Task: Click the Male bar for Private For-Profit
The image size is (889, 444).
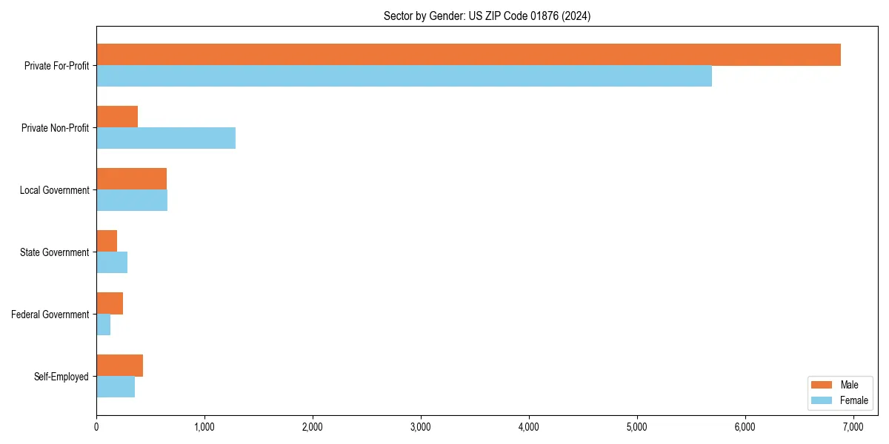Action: (x=468, y=55)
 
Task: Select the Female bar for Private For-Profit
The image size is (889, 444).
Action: (x=404, y=75)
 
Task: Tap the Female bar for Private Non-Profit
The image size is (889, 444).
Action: (x=166, y=138)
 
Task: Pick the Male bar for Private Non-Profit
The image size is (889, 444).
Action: (x=117, y=117)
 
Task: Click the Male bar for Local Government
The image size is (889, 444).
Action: (x=131, y=179)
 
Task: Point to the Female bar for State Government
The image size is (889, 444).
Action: (x=112, y=262)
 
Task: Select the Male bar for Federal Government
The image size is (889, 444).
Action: (x=110, y=303)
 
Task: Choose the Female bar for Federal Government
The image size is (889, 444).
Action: (x=104, y=324)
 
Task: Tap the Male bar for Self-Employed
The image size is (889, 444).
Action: (x=119, y=366)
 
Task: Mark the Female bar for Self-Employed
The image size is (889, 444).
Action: (x=116, y=386)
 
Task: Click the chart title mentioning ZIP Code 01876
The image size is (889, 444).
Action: (x=487, y=16)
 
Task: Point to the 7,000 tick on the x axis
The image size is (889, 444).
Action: (x=853, y=427)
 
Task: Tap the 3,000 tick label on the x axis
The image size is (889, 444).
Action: (x=420, y=427)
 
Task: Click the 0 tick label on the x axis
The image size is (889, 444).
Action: (x=96, y=427)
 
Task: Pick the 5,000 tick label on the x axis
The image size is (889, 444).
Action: (x=636, y=427)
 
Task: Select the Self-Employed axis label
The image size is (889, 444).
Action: (x=61, y=377)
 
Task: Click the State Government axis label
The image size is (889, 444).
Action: (x=54, y=252)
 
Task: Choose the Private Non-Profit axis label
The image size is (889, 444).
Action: (x=55, y=128)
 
